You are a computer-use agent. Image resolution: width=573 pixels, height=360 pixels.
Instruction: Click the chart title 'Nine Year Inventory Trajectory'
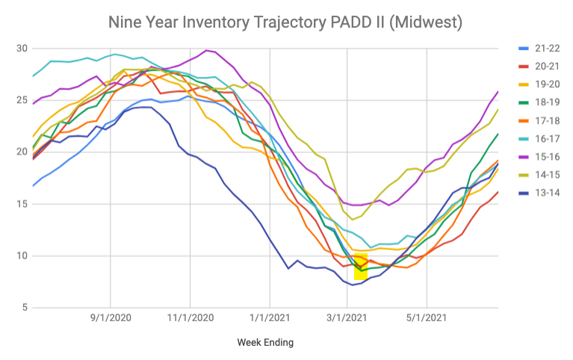click(x=285, y=22)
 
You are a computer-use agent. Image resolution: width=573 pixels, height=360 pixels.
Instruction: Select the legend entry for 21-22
click(x=544, y=49)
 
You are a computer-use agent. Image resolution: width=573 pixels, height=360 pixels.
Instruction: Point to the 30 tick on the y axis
click(x=21, y=49)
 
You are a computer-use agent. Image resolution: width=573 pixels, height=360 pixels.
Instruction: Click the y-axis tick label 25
click(x=21, y=100)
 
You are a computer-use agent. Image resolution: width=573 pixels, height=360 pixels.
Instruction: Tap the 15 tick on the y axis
click(x=21, y=204)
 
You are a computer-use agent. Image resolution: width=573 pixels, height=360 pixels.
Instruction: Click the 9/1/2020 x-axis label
click(x=111, y=317)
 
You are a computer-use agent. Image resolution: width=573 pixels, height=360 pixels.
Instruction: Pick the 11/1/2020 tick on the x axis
click(x=190, y=317)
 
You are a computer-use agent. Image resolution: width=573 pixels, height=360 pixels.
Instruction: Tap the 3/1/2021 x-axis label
click(x=347, y=317)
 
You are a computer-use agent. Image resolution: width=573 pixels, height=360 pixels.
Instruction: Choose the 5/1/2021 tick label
click(x=426, y=317)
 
